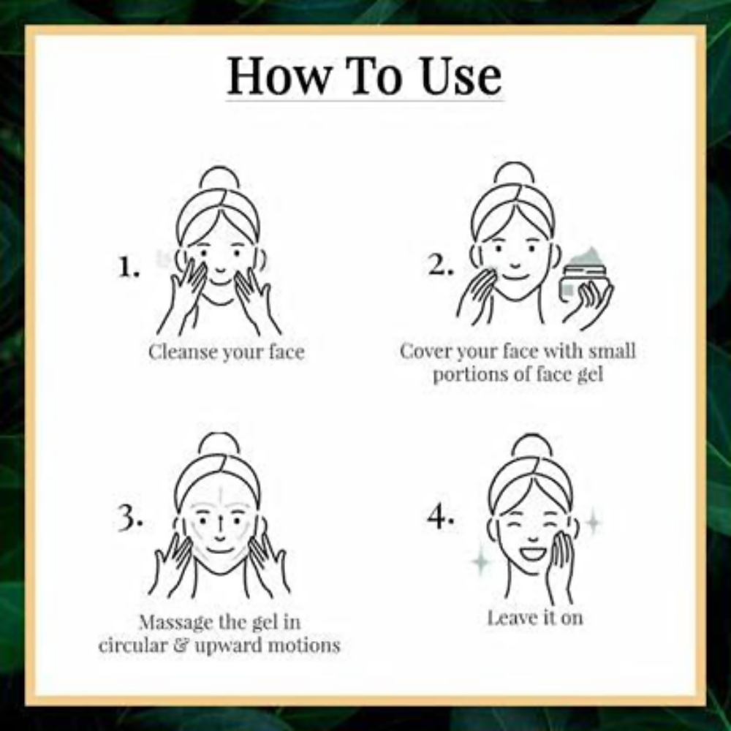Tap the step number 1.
[128, 269]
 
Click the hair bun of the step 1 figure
[219, 178]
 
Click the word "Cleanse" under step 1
[183, 352]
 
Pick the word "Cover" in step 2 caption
[425, 351]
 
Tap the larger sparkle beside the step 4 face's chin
[480, 562]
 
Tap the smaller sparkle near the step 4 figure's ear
[593, 521]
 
